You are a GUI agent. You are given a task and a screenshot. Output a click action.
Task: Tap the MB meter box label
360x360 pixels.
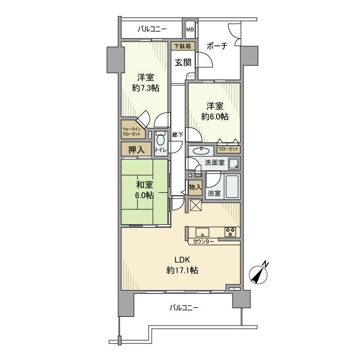click(x=190, y=29)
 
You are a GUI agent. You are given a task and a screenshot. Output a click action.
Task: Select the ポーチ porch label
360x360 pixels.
click(x=217, y=45)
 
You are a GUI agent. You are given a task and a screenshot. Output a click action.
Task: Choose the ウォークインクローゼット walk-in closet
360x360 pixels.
click(x=133, y=132)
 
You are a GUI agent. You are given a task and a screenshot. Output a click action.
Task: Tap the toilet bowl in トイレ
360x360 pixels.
click(x=160, y=140)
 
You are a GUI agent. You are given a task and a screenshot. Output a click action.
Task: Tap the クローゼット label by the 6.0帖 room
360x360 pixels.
click(x=228, y=149)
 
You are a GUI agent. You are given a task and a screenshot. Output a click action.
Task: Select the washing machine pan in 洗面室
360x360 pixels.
click(x=233, y=164)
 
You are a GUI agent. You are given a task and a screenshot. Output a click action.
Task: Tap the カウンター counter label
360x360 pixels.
click(x=204, y=241)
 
